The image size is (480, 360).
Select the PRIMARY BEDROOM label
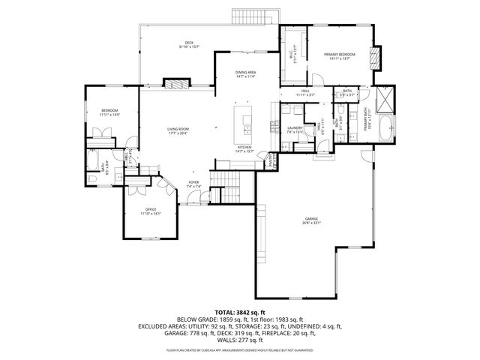click(339, 55)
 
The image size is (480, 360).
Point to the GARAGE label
click(310, 220)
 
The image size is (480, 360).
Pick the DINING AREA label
click(245, 73)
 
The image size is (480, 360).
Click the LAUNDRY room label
click(294, 129)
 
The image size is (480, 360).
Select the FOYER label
click(193, 184)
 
